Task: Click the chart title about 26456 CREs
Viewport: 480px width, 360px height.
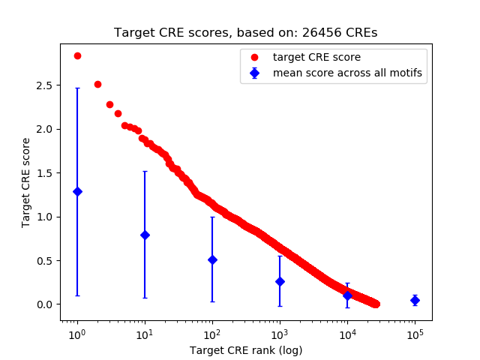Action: [x=246, y=33]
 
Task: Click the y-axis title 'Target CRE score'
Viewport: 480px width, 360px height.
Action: [x=26, y=182]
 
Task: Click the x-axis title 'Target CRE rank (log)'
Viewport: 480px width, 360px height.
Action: [x=246, y=350]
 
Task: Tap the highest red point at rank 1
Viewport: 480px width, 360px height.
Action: [x=77, y=55]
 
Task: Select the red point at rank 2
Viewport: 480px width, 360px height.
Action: [x=97, y=84]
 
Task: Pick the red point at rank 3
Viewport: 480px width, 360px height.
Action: [x=109, y=104]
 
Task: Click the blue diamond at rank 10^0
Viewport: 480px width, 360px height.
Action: [x=77, y=191]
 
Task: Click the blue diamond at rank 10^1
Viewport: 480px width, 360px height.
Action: [x=145, y=235]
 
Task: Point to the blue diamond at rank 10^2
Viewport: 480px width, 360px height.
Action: [x=212, y=259]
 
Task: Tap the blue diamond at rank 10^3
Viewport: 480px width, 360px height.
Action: [x=280, y=281]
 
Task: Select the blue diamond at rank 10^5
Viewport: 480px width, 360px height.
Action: [x=415, y=300]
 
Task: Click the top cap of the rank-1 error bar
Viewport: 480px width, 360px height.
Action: [x=77, y=88]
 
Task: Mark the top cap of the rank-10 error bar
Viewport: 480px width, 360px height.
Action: [x=145, y=171]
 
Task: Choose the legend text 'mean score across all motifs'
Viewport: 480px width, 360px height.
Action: [x=347, y=73]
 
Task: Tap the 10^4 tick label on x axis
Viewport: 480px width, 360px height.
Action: [x=347, y=334]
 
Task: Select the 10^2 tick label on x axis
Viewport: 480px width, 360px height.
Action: [x=212, y=334]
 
